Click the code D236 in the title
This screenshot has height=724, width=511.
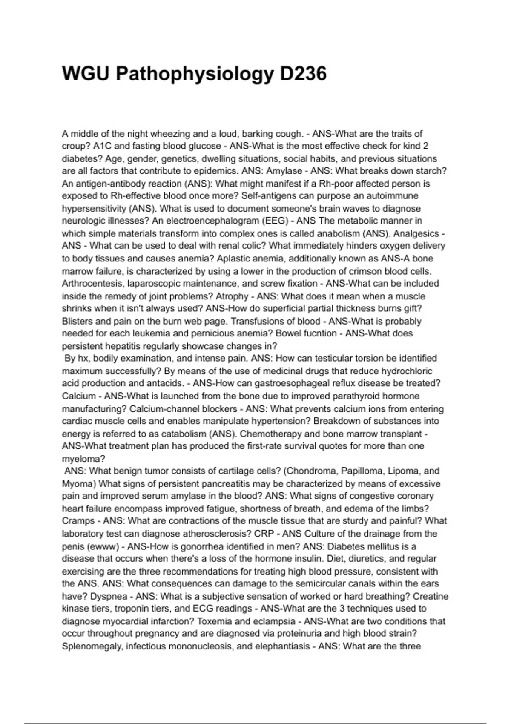pos(303,74)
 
